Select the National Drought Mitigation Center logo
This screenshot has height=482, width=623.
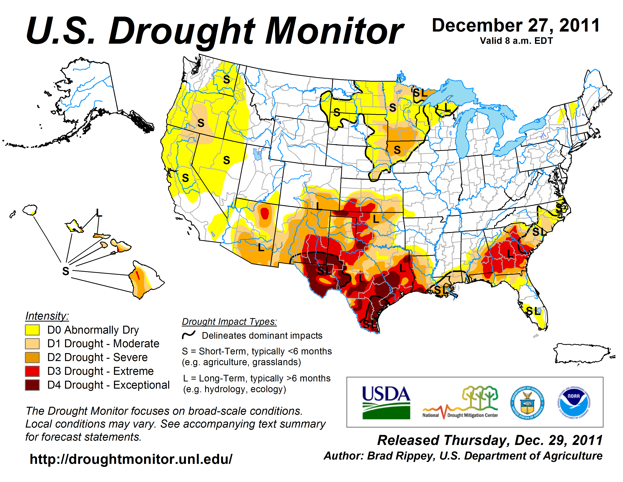[x=460, y=403]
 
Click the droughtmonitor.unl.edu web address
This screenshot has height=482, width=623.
[x=131, y=459]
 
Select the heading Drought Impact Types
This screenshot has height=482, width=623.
[x=229, y=322]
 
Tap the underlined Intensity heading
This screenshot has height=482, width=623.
[x=47, y=316]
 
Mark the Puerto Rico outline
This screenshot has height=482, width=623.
[x=582, y=353]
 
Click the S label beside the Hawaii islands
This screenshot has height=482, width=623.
[x=66, y=271]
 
